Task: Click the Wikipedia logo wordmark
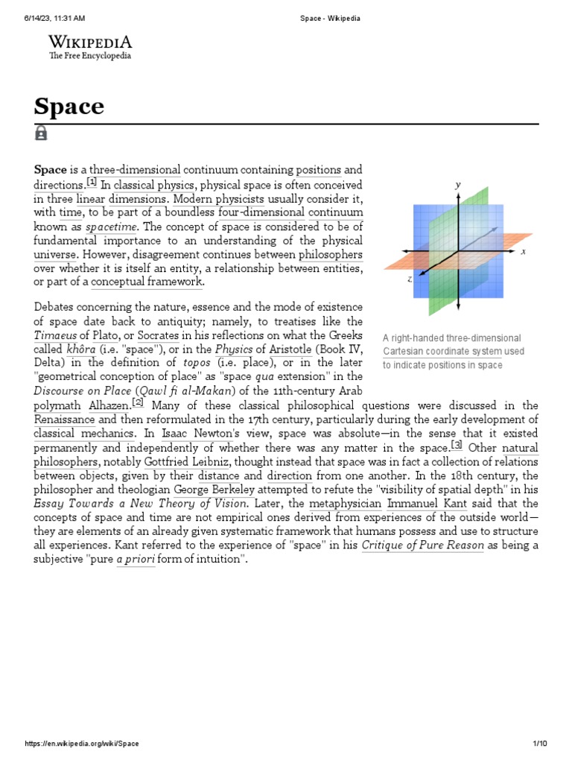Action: pos(90,42)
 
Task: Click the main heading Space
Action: pos(69,107)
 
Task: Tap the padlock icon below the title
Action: pos(41,133)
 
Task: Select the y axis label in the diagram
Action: pos(458,184)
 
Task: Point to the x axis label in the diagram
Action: pos(523,252)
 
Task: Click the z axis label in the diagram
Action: pos(410,279)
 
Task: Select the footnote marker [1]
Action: pos(92,183)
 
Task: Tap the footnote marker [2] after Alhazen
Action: pos(137,403)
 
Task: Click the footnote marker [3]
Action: pos(457,446)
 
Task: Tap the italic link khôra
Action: pos(81,349)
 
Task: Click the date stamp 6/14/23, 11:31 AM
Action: pos(54,19)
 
